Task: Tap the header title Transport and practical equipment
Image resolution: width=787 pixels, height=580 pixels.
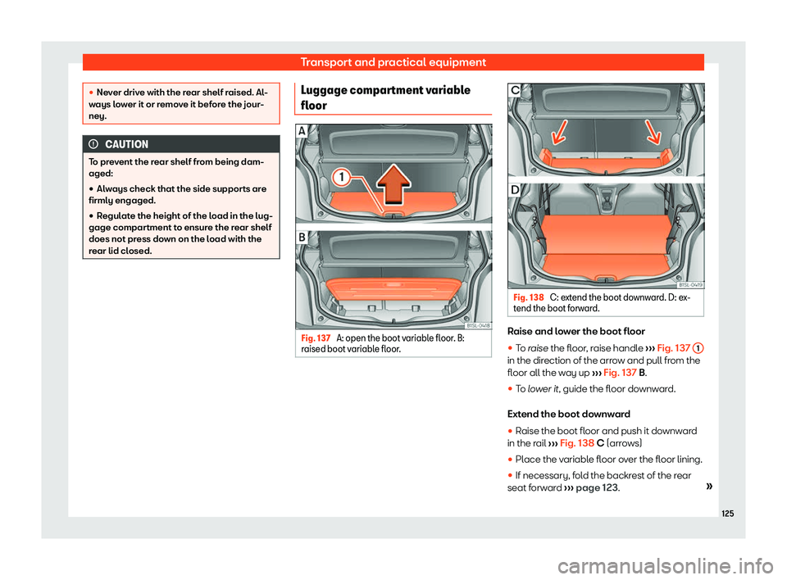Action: pyautogui.click(x=393, y=61)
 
